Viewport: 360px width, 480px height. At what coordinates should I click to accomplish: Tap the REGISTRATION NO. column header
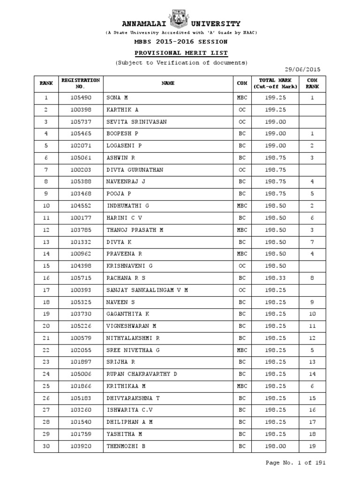click(x=80, y=83)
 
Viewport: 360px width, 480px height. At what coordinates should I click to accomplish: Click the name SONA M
click(x=117, y=98)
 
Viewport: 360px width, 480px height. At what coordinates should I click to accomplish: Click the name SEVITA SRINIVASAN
click(x=136, y=122)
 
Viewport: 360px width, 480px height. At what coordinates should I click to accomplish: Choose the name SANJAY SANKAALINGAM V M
click(x=147, y=290)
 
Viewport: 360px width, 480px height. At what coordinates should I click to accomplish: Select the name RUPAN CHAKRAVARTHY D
click(x=142, y=374)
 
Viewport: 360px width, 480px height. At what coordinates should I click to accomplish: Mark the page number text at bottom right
click(x=295, y=463)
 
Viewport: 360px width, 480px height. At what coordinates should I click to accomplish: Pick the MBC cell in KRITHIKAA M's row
click(x=242, y=386)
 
